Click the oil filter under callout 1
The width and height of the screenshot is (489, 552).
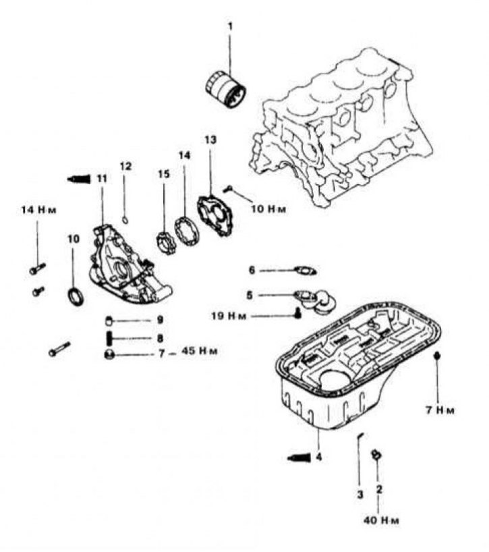(224, 90)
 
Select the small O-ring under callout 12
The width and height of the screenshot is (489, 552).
(125, 218)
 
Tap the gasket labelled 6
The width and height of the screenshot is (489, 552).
(308, 271)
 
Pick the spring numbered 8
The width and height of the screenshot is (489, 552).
(109, 337)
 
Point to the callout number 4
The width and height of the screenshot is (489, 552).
(318, 457)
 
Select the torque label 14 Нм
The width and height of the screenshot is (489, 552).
(37, 211)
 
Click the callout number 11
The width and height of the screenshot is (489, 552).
(101, 178)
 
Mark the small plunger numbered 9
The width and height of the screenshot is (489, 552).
(109, 320)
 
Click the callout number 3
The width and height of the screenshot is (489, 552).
(360, 494)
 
